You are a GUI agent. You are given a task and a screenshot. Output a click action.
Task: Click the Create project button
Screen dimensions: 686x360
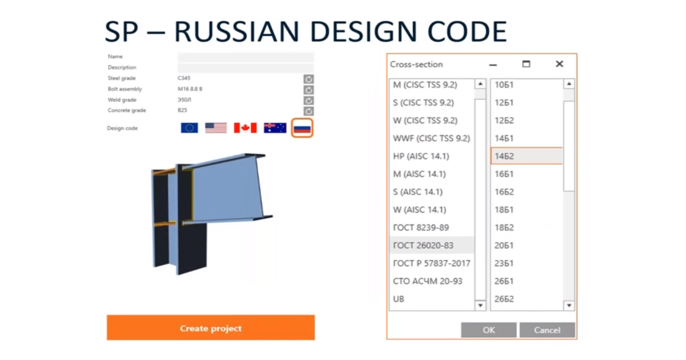coord(211,327)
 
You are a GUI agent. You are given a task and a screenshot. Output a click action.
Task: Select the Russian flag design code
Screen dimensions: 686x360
coord(302,128)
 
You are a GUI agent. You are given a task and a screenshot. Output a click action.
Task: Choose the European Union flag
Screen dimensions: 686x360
coord(189,128)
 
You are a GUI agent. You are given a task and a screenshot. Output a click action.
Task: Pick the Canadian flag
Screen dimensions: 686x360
coord(245,128)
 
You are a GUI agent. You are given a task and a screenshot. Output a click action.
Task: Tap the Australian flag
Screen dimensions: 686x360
coord(275,128)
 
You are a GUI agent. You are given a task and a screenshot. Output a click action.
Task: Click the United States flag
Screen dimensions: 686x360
coord(216,128)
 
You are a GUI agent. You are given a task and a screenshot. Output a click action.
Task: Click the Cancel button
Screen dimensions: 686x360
coord(547,330)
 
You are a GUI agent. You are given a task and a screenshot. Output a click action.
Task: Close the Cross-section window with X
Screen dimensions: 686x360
coord(560,64)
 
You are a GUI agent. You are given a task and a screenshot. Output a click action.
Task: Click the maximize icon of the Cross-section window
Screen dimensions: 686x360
coord(526,64)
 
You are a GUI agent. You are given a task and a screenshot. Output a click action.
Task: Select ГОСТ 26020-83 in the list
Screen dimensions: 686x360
coord(423,246)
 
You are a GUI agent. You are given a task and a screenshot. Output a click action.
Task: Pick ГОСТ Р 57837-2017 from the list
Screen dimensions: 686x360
coord(432,263)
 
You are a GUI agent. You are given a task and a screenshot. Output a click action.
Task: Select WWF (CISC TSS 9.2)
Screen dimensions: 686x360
coord(432,138)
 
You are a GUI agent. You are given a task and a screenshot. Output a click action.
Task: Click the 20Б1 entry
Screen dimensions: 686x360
coord(504,246)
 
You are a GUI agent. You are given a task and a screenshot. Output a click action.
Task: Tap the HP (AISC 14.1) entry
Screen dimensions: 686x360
coord(421,156)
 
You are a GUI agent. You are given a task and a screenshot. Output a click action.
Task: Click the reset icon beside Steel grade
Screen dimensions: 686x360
coord(308,79)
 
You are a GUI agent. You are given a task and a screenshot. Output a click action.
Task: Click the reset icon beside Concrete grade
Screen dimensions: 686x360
coord(308,111)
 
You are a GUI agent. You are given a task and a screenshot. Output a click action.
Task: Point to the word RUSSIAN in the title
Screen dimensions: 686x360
coord(237,31)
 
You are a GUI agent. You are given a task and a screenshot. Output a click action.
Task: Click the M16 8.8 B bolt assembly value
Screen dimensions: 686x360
coord(190,89)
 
